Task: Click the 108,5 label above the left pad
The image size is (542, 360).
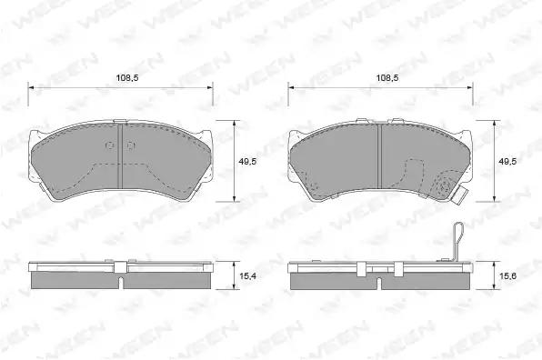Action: point(126,78)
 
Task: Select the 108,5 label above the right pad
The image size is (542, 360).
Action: point(387,78)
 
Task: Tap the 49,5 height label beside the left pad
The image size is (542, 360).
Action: point(248,161)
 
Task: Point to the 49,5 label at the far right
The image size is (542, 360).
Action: point(507,161)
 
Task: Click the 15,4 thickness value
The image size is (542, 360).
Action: point(248,275)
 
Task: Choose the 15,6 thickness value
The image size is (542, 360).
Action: point(507,275)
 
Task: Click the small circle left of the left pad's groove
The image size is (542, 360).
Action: point(110,146)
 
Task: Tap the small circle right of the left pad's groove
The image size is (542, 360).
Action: point(130,146)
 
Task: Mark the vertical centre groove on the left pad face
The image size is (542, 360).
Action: point(120,156)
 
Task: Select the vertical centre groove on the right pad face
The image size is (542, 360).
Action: point(378,156)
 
